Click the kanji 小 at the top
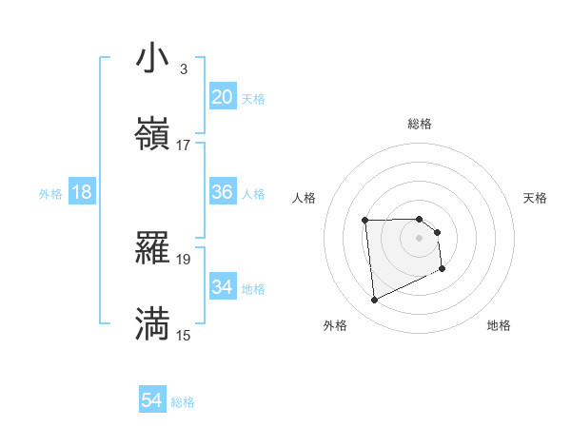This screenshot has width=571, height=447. [152, 58]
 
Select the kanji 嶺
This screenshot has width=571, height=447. [152, 135]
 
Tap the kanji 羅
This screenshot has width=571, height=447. [152, 248]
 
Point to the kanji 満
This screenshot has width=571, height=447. [152, 324]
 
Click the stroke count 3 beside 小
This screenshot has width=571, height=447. [183, 69]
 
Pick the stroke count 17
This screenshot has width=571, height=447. [184, 146]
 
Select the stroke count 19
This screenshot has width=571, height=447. [184, 259]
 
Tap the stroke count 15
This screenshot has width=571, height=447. [184, 335]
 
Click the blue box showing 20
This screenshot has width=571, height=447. [223, 97]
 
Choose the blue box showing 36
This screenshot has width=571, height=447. [223, 192]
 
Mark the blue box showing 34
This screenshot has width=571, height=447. [223, 287]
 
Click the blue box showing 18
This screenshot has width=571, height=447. [82, 192]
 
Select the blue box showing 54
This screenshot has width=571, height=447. [152, 401]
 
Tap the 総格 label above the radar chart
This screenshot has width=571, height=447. [420, 124]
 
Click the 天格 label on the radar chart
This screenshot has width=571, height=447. [535, 198]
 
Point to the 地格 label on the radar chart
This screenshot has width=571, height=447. [499, 325]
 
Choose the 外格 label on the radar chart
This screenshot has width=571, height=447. [335, 325]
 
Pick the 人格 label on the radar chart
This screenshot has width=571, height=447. [305, 198]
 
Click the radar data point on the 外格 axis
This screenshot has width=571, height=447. [374, 301]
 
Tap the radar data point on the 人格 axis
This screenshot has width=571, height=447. [365, 221]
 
